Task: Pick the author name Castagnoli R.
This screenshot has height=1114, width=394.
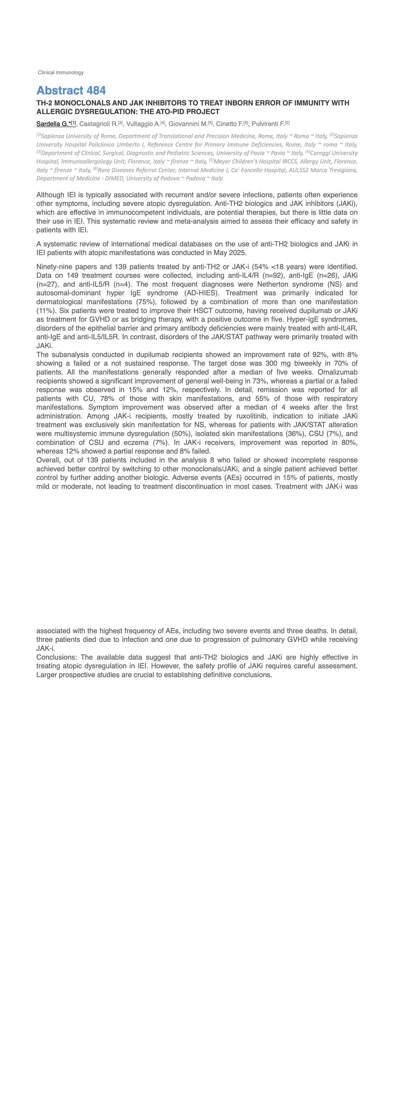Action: pyautogui.click(x=98, y=124)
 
